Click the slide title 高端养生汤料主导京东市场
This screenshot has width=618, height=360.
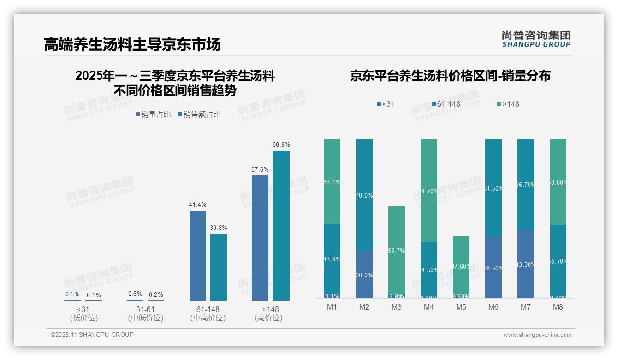coord(132,44)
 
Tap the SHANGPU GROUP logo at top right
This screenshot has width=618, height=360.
coord(536,39)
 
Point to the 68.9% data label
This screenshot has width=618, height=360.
coord(281,145)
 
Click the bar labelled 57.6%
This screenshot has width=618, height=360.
coord(260,238)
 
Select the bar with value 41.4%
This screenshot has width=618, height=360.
coord(197,256)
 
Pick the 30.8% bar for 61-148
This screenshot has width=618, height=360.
coord(219,267)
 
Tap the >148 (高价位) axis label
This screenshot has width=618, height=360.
coord(268,313)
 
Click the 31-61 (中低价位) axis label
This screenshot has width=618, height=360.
coord(145,313)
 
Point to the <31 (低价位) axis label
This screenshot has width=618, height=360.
coord(83,313)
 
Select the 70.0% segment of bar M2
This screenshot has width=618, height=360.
coord(364,195)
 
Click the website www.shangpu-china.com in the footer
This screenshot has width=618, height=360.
coord(537,335)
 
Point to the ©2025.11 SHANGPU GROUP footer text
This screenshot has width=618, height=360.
coord(92,335)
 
